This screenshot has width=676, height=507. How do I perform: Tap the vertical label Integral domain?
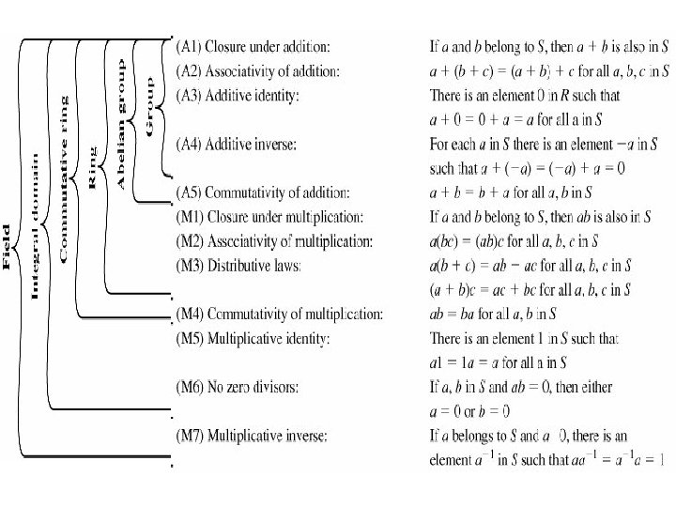pyautogui.click(x=36, y=226)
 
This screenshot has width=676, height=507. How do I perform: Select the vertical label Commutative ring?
pyautogui.click(x=63, y=178)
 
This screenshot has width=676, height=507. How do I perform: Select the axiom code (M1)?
pyautogui.click(x=192, y=217)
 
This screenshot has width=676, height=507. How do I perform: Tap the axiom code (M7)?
pyautogui.click(x=192, y=436)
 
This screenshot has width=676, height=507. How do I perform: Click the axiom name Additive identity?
pyautogui.click(x=258, y=95)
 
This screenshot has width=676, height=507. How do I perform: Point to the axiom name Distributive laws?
pyautogui.click(x=254, y=266)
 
